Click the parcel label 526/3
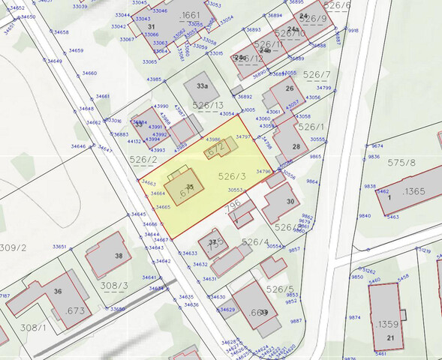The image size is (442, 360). click(231, 176)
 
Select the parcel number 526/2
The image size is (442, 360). click(143, 160)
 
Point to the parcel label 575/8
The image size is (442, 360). click(402, 162)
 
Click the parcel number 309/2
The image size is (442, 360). click(13, 247)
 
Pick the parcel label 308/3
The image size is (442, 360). click(115, 286)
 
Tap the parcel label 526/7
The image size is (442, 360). click(317, 75)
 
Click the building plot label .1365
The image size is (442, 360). click(413, 190)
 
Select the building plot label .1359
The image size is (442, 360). click(388, 324)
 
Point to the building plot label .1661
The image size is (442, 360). click(191, 14)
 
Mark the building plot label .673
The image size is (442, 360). click(76, 310)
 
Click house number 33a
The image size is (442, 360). click(201, 86)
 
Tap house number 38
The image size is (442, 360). click(119, 256)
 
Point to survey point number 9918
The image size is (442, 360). click(353, 30)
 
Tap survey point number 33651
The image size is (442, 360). click(59, 247)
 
